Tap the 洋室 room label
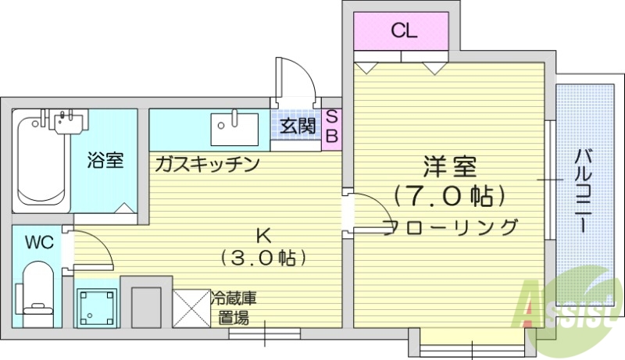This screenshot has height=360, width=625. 449,167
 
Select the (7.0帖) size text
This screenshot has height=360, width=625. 448,194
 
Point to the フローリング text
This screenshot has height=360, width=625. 451,227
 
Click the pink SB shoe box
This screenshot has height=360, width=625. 331,127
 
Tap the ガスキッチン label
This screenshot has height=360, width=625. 206,164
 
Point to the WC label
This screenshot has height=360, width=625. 38,242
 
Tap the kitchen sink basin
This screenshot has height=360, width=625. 234,127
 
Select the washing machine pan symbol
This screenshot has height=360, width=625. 96,306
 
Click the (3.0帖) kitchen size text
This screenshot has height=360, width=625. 262,257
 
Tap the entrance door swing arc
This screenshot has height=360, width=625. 301,78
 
